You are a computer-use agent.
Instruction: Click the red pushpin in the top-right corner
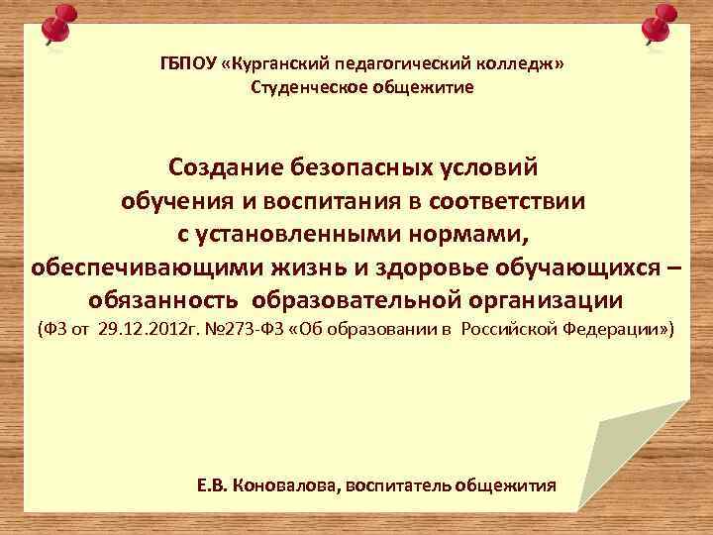click(659, 25)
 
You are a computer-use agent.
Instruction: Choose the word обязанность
click(163, 300)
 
